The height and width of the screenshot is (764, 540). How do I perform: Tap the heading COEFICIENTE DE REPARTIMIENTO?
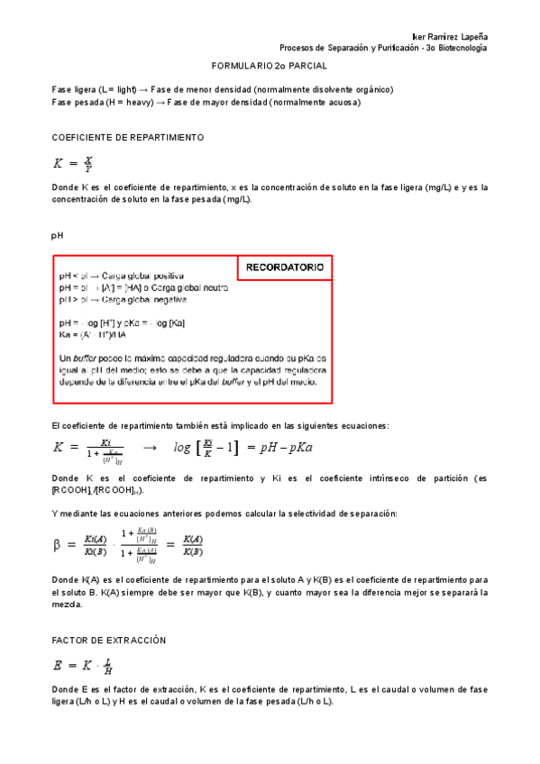128,138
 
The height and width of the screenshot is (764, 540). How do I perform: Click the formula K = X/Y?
74,164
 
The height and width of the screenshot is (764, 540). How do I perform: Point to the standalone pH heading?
58,235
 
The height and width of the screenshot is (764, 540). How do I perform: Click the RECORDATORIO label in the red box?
284,268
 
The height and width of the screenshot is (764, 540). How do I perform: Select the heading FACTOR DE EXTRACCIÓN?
110,639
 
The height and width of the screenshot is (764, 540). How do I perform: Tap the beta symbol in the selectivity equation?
58,545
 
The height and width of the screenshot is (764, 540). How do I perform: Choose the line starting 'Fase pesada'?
206,102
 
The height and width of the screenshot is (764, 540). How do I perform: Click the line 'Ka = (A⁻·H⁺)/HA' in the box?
94,335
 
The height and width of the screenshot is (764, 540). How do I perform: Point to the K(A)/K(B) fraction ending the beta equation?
192,545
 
